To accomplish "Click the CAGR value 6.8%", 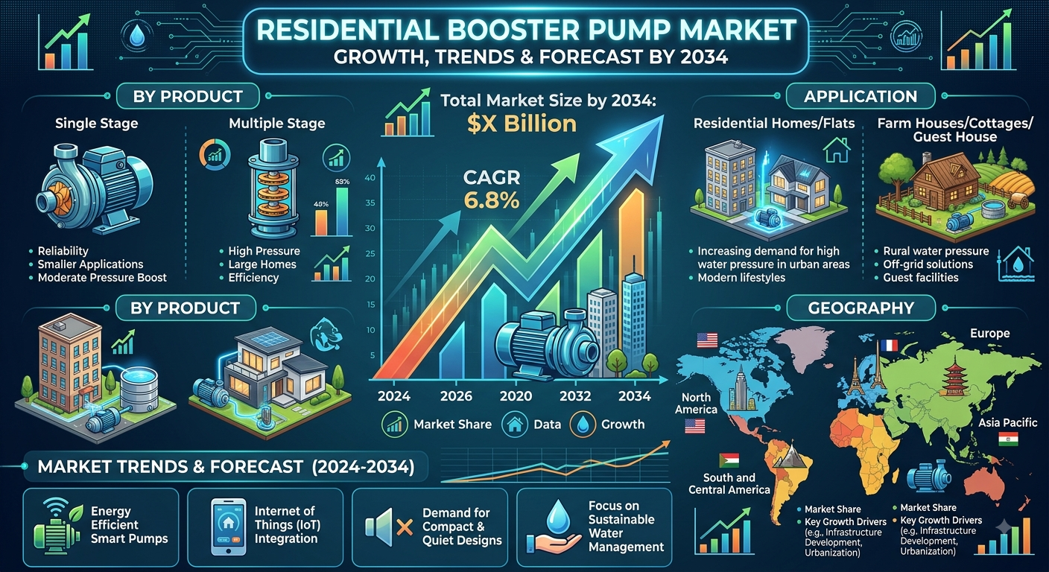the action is click(492, 200).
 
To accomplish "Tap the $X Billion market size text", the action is click(522, 124).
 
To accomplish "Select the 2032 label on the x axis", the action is click(576, 396).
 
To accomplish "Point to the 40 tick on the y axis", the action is click(370, 178).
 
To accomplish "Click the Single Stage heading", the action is click(96, 123).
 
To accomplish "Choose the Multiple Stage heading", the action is click(276, 123).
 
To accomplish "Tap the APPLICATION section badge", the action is click(861, 96).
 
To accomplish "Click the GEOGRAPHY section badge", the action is click(861, 308).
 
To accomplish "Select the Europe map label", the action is click(989, 333).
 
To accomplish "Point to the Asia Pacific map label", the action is click(1008, 423).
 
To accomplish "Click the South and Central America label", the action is click(729, 483).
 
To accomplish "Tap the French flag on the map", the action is click(888, 346).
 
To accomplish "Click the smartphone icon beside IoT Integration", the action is click(229, 526).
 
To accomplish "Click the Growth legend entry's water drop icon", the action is click(583, 425).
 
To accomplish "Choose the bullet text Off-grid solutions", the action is click(928, 264).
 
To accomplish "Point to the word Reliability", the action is click(63, 251).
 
